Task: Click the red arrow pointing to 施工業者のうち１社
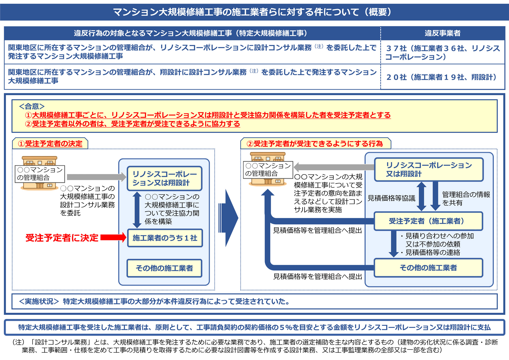click(x=113, y=238)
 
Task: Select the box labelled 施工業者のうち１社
click(x=165, y=238)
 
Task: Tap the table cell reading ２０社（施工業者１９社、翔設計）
click(x=443, y=77)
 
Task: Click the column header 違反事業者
click(x=443, y=33)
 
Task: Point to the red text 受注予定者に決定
click(x=62, y=238)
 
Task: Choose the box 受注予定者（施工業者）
click(x=428, y=221)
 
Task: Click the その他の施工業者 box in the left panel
click(x=164, y=268)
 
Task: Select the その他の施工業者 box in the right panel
click(x=428, y=268)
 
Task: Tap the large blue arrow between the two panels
click(x=228, y=218)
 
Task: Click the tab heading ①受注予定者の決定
click(x=50, y=144)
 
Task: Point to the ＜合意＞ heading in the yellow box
click(x=32, y=106)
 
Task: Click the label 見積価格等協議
click(x=391, y=198)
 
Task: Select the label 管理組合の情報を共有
click(x=466, y=199)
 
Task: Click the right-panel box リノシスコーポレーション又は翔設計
click(x=429, y=170)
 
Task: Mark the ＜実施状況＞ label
click(x=39, y=301)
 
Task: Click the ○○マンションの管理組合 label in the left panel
click(x=40, y=174)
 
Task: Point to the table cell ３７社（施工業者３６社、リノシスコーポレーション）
click(x=443, y=52)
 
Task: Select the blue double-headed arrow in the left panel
click(x=137, y=210)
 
